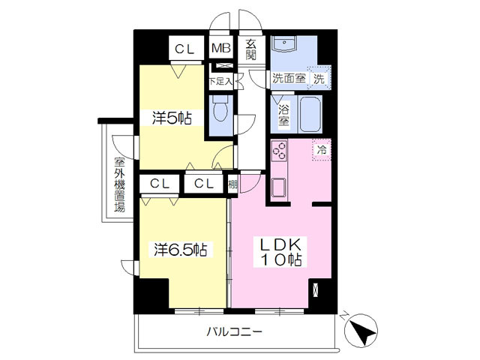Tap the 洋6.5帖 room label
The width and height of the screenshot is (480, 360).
click(x=181, y=248)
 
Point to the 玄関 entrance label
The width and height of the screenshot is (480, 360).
click(x=250, y=49)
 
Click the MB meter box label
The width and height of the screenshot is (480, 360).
click(x=220, y=49)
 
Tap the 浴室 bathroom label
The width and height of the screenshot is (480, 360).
click(x=283, y=115)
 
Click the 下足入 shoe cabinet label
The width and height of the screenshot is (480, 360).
click(x=220, y=79)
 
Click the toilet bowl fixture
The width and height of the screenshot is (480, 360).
click(x=220, y=110)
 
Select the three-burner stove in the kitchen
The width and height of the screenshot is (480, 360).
click(x=279, y=151)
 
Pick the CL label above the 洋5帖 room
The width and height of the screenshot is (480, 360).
click(x=185, y=49)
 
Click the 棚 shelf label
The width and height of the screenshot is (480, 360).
click(x=234, y=182)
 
